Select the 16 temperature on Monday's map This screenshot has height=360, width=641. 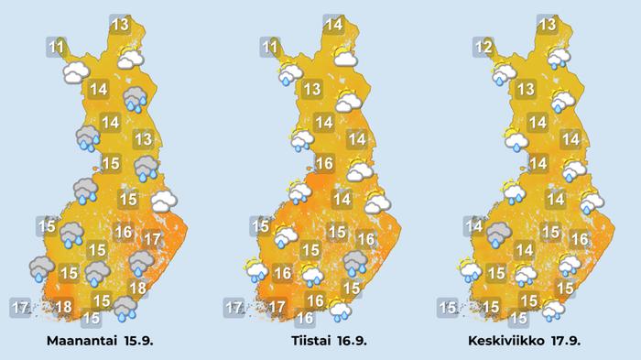[123, 233]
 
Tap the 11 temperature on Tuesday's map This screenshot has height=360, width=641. [270, 48]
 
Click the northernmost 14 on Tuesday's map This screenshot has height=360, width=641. [333, 25]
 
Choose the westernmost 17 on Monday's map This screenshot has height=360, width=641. [22, 305]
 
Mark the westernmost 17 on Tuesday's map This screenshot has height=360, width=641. [235, 307]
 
